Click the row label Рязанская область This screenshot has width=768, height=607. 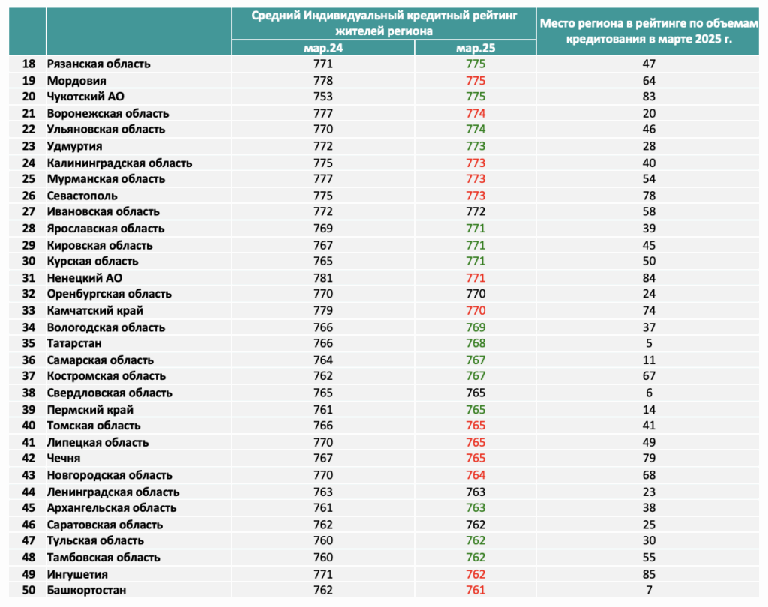[x=98, y=64]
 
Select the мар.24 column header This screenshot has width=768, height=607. [x=323, y=48]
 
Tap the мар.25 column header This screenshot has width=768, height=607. [x=475, y=48]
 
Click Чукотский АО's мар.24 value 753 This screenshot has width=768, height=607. [x=323, y=97]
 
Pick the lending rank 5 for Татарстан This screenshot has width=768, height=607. [x=649, y=343]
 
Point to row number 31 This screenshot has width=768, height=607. [x=29, y=277]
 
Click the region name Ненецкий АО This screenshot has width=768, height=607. [x=85, y=277]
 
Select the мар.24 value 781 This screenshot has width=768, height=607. [x=323, y=277]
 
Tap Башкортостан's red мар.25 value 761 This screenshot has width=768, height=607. [x=475, y=590]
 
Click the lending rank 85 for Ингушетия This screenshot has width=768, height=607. [x=649, y=574]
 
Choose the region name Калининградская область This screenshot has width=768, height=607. [x=119, y=163]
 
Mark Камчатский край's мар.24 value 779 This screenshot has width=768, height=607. [x=323, y=310]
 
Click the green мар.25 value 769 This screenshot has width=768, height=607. [x=475, y=327]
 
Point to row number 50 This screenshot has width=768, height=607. [x=29, y=590]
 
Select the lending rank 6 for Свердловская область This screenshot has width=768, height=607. [x=649, y=393]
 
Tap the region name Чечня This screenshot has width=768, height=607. [x=64, y=458]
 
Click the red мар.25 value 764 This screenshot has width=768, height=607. [x=475, y=475]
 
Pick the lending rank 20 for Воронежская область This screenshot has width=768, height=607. [x=649, y=113]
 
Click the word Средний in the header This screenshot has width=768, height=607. [x=276, y=16]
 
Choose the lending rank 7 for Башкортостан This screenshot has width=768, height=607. [x=649, y=590]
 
